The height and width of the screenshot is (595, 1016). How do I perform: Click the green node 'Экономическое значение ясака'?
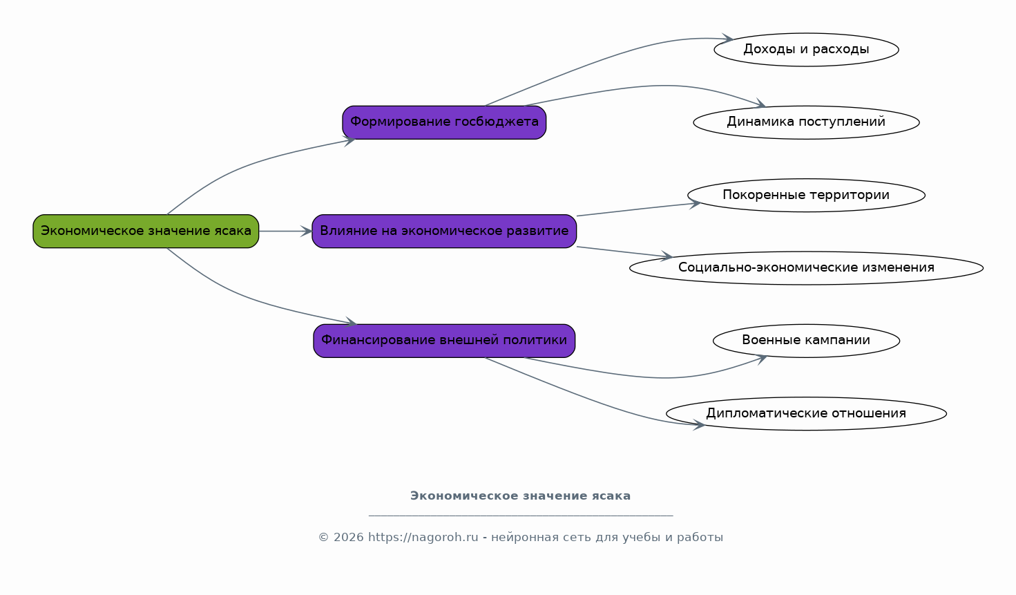point(146,231)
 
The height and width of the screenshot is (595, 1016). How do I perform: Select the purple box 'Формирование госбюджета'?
point(444,122)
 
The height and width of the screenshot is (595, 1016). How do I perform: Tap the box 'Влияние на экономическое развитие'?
point(444,231)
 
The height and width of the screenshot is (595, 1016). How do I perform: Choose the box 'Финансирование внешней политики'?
point(444,341)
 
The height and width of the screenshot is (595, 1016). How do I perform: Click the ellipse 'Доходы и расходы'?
point(806,50)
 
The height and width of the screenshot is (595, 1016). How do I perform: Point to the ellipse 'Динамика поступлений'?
point(806,122)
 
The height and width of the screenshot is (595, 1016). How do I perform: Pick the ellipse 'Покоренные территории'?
point(806,195)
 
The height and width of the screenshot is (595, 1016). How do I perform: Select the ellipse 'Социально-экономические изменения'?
point(806,267)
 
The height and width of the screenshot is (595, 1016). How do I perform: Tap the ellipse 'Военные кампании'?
point(806,341)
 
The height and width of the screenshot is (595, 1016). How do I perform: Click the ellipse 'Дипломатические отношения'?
point(806,413)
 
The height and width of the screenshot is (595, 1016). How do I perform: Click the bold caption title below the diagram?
point(520,495)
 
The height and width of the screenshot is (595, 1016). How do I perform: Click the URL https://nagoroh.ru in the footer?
point(423,538)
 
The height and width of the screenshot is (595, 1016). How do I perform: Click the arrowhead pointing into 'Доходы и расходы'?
point(727,38)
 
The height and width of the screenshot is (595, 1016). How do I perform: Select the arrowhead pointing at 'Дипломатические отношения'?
point(699,425)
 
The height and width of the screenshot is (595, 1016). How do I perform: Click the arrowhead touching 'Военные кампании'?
point(761,359)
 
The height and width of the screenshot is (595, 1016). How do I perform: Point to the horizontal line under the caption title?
point(521,516)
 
